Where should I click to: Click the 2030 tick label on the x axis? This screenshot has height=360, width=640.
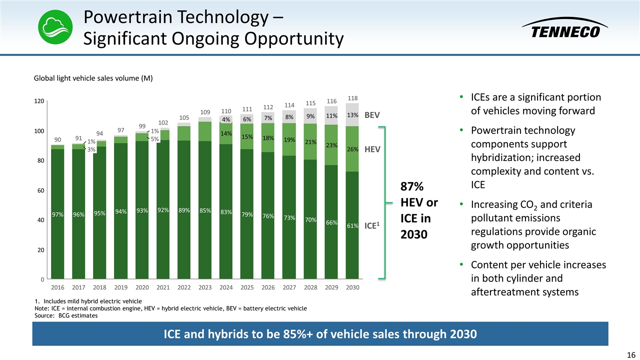click(352, 288)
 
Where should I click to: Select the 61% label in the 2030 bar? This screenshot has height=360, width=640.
click(352, 225)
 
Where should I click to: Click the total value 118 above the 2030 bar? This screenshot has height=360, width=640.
click(352, 98)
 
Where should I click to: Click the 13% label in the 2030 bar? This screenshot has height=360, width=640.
click(352, 115)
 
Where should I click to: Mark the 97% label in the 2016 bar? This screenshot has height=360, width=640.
click(57, 214)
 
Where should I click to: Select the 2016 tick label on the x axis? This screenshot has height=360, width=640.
click(57, 288)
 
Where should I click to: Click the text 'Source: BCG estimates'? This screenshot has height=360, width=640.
click(66, 315)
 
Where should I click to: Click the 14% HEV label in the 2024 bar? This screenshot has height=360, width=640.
click(226, 134)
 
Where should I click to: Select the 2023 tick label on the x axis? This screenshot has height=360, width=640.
click(205, 288)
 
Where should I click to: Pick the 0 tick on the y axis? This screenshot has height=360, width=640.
click(42, 279)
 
